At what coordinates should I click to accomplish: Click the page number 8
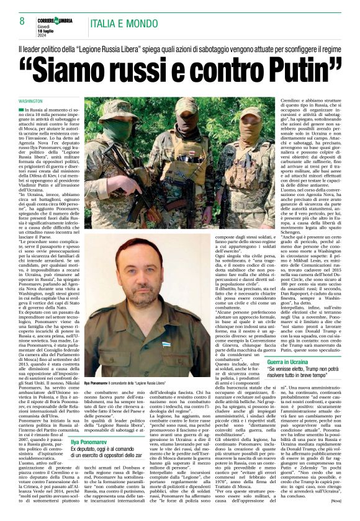coord(22,22)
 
